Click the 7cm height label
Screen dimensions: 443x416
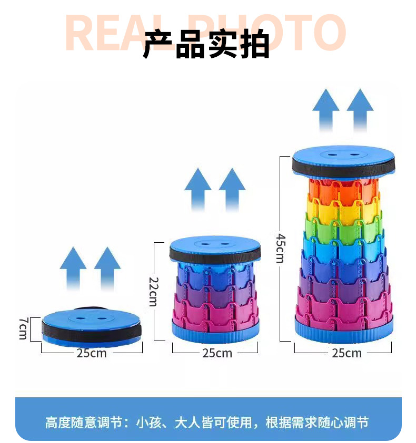tap(23, 328)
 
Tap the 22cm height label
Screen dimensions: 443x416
tap(152, 291)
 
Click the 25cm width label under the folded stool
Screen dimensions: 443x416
tap(92, 353)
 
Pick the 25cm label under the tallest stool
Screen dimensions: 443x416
tap(346, 353)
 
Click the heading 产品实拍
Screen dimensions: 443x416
tap(206, 44)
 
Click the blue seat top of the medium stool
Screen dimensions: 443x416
tap(215, 244)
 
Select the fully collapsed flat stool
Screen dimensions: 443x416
tap(92, 326)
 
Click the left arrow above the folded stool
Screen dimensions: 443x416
tap(73, 267)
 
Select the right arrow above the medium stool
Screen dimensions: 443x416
tap(232, 188)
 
